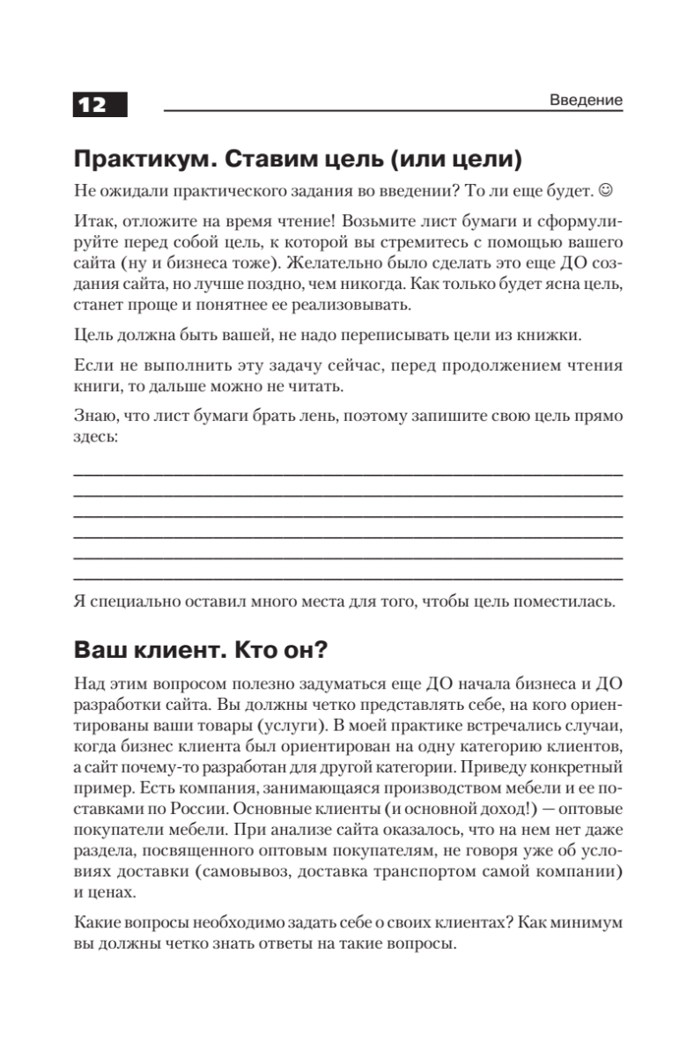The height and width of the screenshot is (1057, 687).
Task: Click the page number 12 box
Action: [x=100, y=104]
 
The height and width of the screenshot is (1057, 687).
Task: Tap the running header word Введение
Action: [x=586, y=100]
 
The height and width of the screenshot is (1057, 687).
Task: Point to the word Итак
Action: [x=91, y=220]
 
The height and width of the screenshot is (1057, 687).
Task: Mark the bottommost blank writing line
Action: [x=347, y=579]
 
